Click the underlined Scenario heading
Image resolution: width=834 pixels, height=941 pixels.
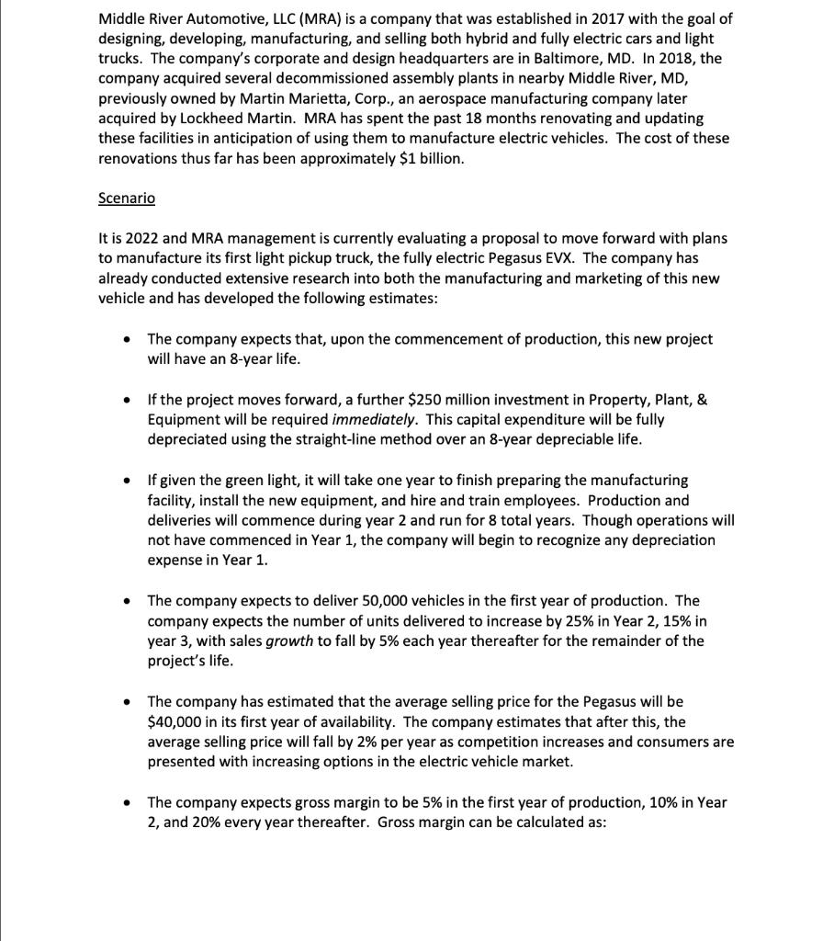[127, 198]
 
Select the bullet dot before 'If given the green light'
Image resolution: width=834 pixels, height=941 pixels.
[127, 481]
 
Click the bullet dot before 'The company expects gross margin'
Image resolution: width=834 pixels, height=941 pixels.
[127, 802]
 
